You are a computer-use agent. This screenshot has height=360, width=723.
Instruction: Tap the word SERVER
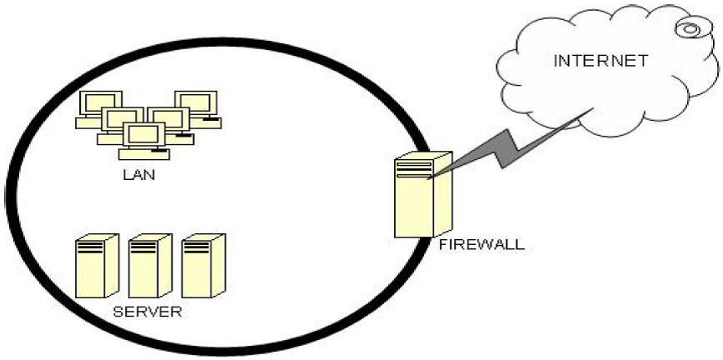[146, 312]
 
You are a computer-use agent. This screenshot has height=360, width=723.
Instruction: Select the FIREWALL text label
[481, 245]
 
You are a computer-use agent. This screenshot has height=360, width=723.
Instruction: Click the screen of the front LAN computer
[144, 133]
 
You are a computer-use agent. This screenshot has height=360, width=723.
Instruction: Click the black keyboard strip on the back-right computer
[212, 122]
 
